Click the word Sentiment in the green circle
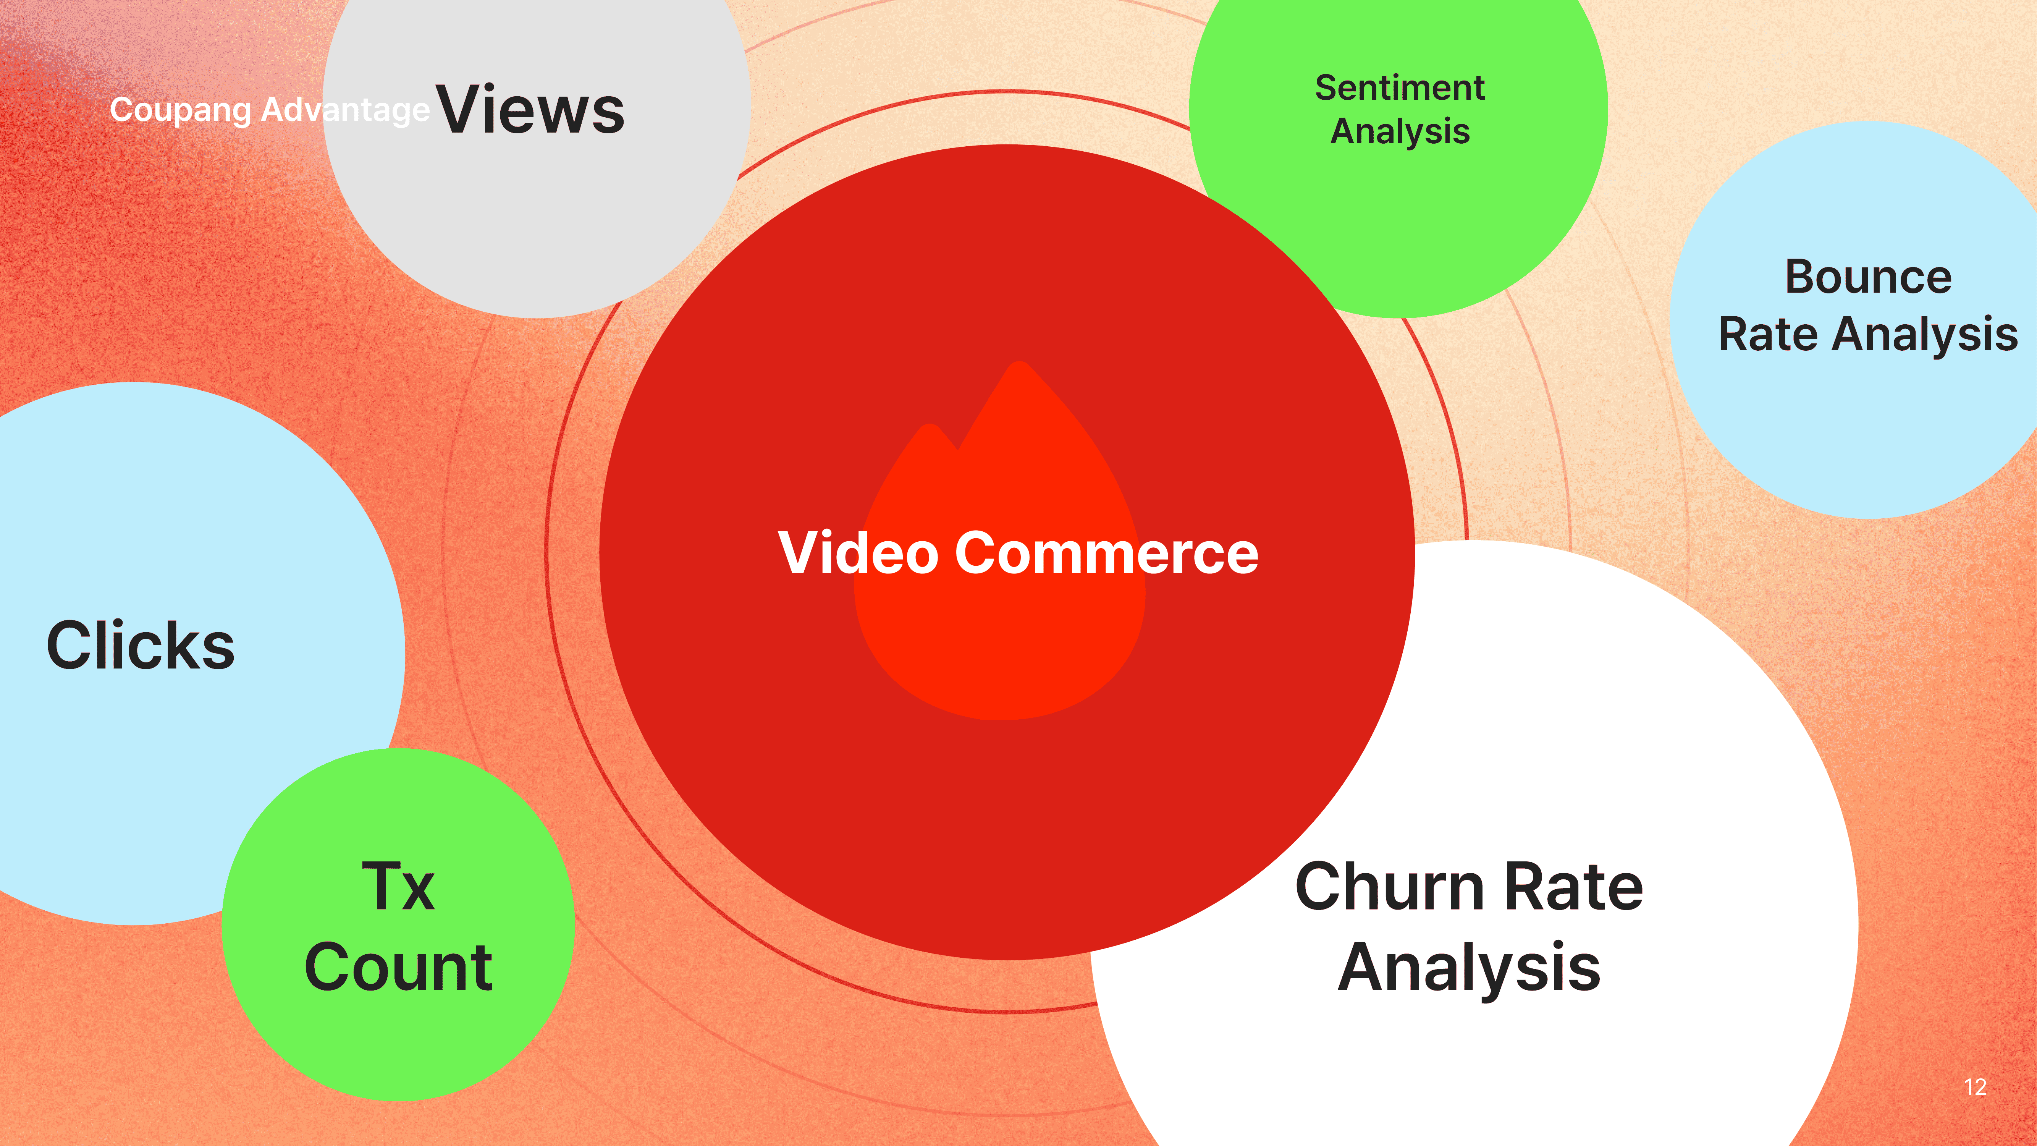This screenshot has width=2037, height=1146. pyautogui.click(x=1400, y=88)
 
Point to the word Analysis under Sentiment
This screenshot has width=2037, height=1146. pyautogui.click(x=1400, y=131)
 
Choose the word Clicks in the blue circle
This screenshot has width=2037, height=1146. pyautogui.click(x=141, y=645)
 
